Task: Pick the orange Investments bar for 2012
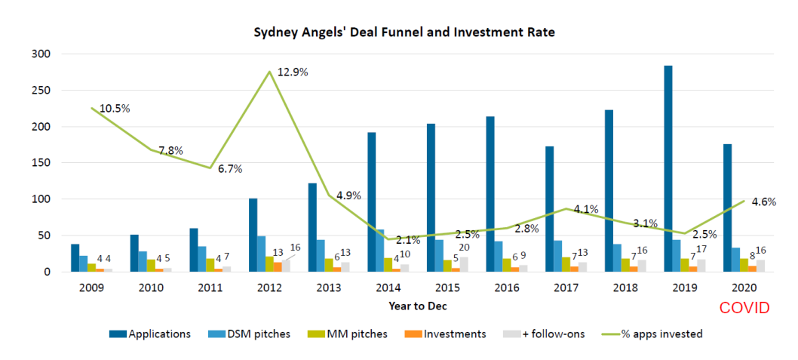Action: [x=278, y=267]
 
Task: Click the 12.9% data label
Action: [x=293, y=72]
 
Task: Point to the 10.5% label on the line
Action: [x=115, y=109]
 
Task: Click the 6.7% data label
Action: [x=230, y=169]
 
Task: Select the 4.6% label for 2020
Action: [x=764, y=202]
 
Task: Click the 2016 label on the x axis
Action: [x=506, y=288]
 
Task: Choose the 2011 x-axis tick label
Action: [x=210, y=288]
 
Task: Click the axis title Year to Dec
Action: [x=418, y=306]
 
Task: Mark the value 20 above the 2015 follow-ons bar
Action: [x=464, y=248]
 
